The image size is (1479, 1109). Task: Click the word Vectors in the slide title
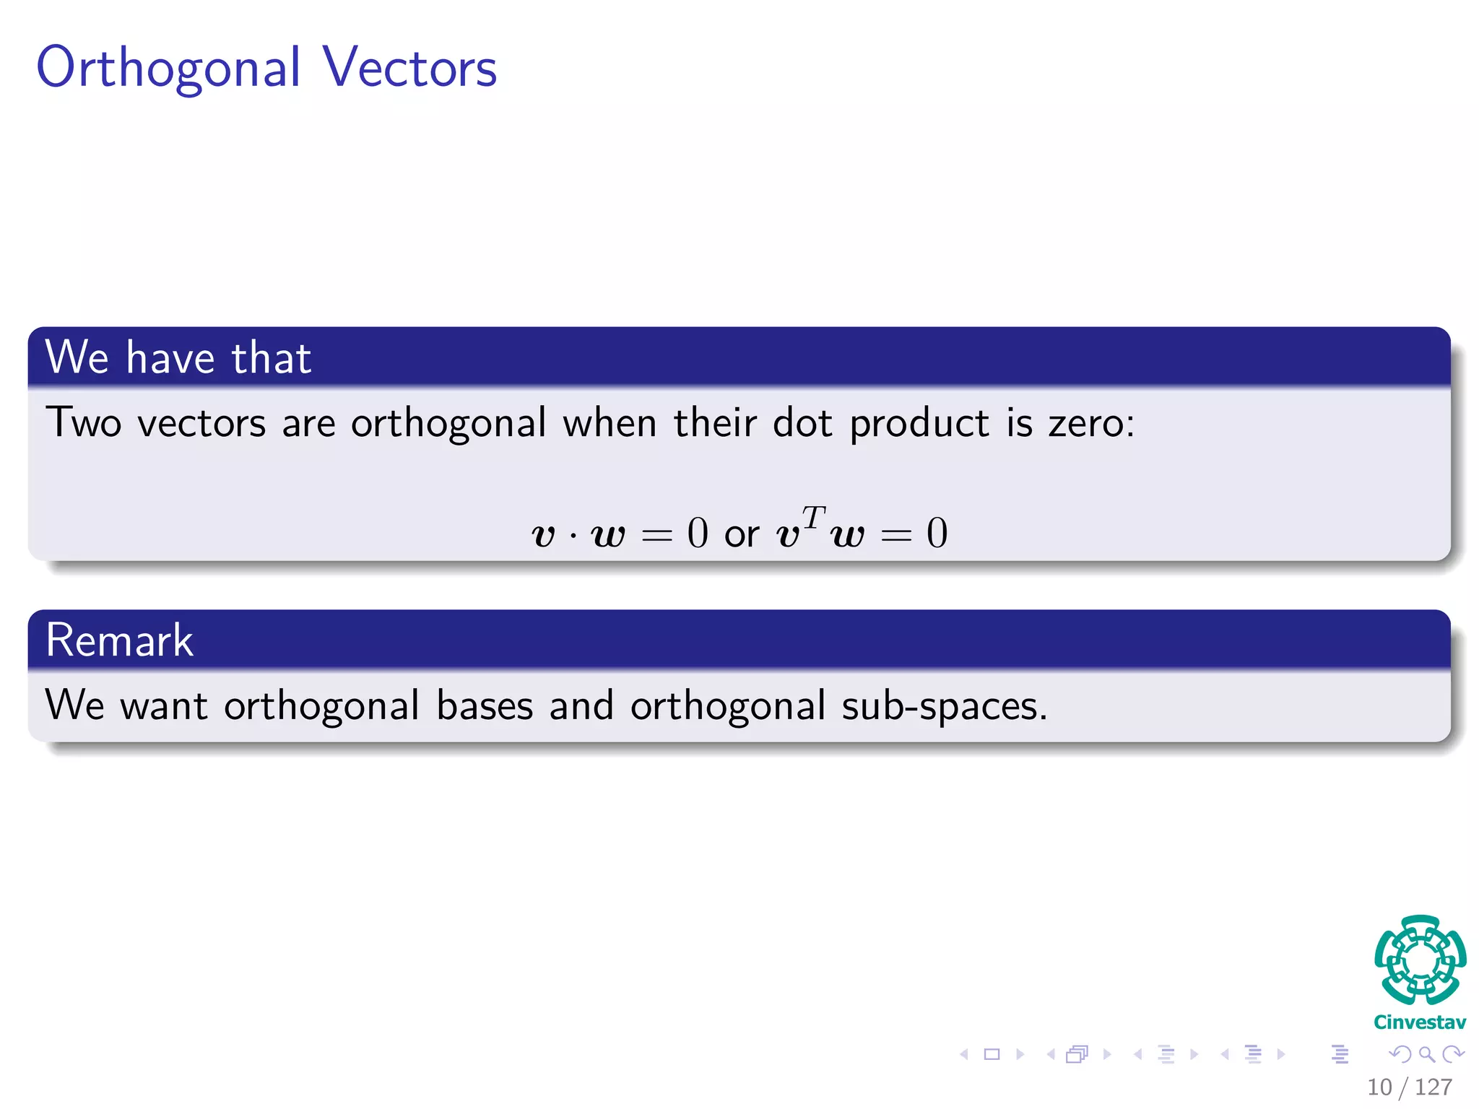(409, 67)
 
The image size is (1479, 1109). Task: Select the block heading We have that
(178, 357)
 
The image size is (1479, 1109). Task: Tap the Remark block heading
(119, 640)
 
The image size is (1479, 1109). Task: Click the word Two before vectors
(83, 422)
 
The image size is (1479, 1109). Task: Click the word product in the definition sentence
(919, 424)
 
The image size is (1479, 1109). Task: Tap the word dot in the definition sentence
(802, 422)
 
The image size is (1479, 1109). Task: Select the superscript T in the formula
(813, 517)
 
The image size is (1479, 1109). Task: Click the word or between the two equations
(742, 535)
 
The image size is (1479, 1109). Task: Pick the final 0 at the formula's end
(937, 534)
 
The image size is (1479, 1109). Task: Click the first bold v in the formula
(543, 535)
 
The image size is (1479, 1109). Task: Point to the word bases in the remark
(485, 705)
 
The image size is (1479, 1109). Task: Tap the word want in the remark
(164, 707)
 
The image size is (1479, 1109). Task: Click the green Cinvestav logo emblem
(1420, 960)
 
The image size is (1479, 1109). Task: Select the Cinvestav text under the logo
(1420, 1022)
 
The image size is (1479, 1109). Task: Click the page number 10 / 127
(1409, 1087)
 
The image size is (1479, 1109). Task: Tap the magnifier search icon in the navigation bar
(1426, 1054)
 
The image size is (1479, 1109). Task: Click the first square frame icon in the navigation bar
(992, 1054)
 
